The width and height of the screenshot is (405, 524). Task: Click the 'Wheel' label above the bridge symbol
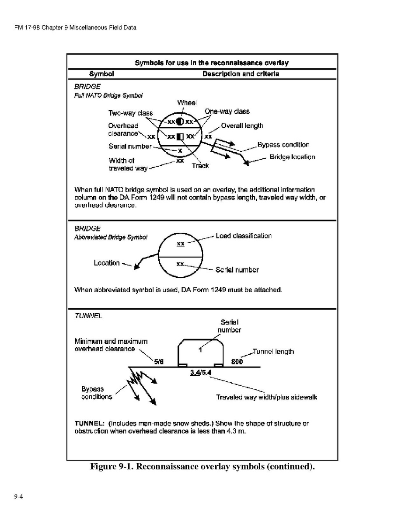pyautogui.click(x=187, y=103)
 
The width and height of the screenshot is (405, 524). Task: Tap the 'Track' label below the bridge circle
pyautogui.click(x=200, y=166)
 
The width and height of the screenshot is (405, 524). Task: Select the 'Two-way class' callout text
pyautogui.click(x=130, y=113)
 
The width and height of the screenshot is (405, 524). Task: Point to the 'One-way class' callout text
pyautogui.click(x=227, y=111)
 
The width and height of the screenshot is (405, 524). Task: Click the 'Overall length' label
pyautogui.click(x=242, y=126)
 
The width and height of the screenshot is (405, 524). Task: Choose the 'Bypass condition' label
pyautogui.click(x=283, y=145)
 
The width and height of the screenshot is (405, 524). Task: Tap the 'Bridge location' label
pyautogui.click(x=293, y=157)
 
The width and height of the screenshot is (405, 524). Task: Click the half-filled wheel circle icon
pyautogui.click(x=180, y=122)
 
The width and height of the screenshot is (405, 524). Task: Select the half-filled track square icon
pyautogui.click(x=180, y=136)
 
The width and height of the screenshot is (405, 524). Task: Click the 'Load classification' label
pyautogui.click(x=244, y=236)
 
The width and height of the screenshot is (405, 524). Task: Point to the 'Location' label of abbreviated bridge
pyautogui.click(x=107, y=263)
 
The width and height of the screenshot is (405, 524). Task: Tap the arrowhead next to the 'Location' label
pyautogui.click(x=136, y=266)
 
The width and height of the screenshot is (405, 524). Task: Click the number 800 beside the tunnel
pyautogui.click(x=237, y=362)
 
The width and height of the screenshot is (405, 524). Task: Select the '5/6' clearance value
pyautogui.click(x=159, y=362)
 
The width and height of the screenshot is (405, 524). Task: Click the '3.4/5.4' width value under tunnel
pyautogui.click(x=200, y=373)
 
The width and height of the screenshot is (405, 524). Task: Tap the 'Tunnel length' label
pyautogui.click(x=273, y=352)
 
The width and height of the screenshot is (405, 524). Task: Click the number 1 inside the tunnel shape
pyautogui.click(x=200, y=350)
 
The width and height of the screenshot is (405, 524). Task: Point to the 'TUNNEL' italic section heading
pyautogui.click(x=88, y=316)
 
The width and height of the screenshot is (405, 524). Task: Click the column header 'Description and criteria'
pyautogui.click(x=241, y=74)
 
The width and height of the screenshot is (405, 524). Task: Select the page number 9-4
pyautogui.click(x=18, y=496)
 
